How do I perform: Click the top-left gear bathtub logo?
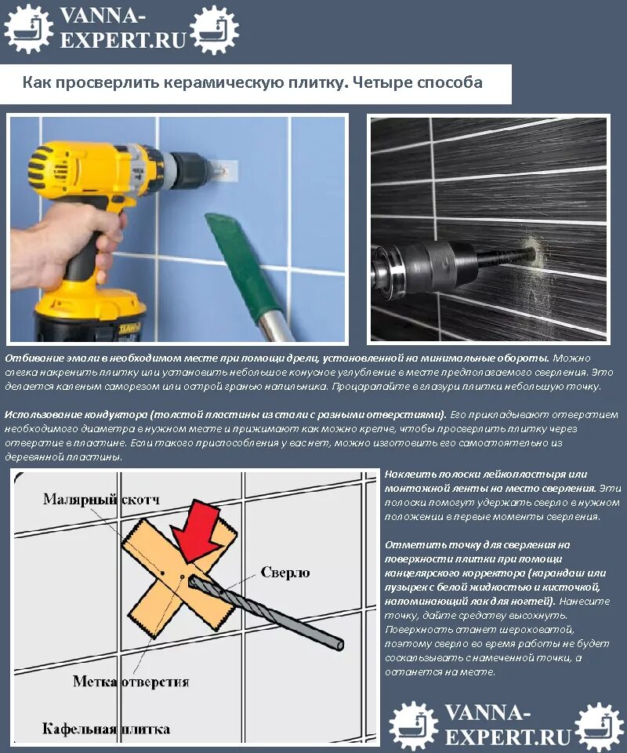pyautogui.click(x=28, y=28)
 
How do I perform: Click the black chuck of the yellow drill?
pyautogui.click(x=189, y=169)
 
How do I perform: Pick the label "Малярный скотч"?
pyautogui.click(x=102, y=500)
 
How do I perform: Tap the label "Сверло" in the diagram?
pyautogui.click(x=285, y=573)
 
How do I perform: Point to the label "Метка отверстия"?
pyautogui.click(x=130, y=682)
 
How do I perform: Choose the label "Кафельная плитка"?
pyautogui.click(x=106, y=729)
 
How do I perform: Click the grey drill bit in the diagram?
pyautogui.click(x=266, y=613)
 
